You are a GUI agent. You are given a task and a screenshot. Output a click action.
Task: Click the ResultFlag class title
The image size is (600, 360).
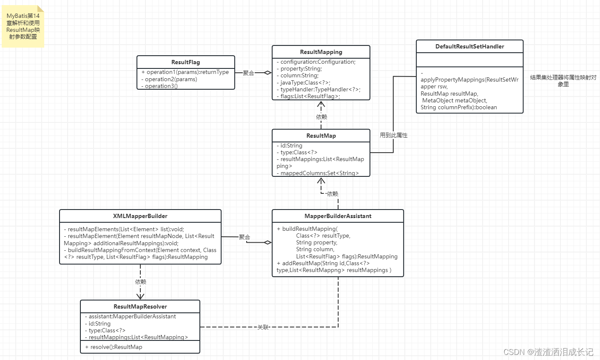coord(185,62)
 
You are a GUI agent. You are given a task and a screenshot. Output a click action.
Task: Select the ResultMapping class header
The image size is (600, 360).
coord(321,52)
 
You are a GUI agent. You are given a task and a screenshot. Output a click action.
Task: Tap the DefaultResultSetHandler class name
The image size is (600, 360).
coord(469,46)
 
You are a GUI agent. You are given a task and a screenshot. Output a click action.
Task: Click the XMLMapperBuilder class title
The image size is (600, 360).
coord(140,216)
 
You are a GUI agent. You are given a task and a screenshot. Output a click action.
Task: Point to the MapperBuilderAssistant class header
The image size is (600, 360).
coord(338,216)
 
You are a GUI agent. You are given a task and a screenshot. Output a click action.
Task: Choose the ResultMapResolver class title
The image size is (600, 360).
coord(140,306)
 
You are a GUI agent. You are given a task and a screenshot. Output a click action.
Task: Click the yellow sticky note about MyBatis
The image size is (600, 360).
coord(23,26)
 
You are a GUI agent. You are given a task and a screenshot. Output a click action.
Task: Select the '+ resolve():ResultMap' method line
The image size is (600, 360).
coord(114,347)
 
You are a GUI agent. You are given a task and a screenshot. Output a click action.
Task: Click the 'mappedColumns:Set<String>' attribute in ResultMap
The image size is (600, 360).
coord(319,173)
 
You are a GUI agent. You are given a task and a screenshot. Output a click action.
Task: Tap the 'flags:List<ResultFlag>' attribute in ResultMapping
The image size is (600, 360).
coord(310,96)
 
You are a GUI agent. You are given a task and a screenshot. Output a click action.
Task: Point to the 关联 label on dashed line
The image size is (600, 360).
coord(263,327)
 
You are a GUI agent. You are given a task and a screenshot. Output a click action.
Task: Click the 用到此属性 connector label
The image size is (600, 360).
coord(393,135)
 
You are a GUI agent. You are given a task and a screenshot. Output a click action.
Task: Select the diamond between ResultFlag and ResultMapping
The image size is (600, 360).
coord(267,73)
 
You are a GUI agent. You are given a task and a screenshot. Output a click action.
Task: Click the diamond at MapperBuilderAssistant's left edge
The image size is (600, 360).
coord(267,243)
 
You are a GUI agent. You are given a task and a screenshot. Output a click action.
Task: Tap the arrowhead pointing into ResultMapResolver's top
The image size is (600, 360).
coord(140,296)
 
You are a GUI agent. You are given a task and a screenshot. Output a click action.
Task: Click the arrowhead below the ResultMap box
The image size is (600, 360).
coord(321,181)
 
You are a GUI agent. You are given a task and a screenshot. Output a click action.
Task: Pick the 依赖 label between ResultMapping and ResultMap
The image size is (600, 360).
coord(321,117)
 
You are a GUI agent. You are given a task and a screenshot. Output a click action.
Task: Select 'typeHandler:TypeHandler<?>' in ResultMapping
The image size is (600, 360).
coord(320,89)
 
